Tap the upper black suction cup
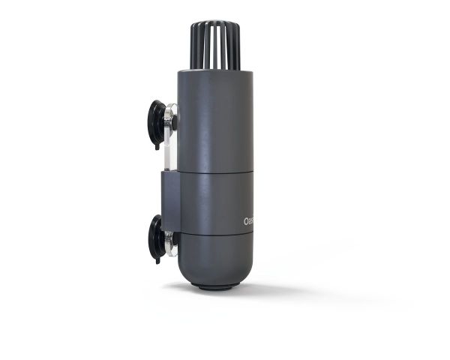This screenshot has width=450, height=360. click(156, 122)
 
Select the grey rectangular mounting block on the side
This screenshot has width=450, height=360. click(169, 199)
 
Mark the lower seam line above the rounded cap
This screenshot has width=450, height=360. click(215, 234)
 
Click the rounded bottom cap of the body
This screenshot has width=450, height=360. click(215, 259)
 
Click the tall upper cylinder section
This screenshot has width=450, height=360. click(215, 120)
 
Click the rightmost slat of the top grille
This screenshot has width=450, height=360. click(238, 45)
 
